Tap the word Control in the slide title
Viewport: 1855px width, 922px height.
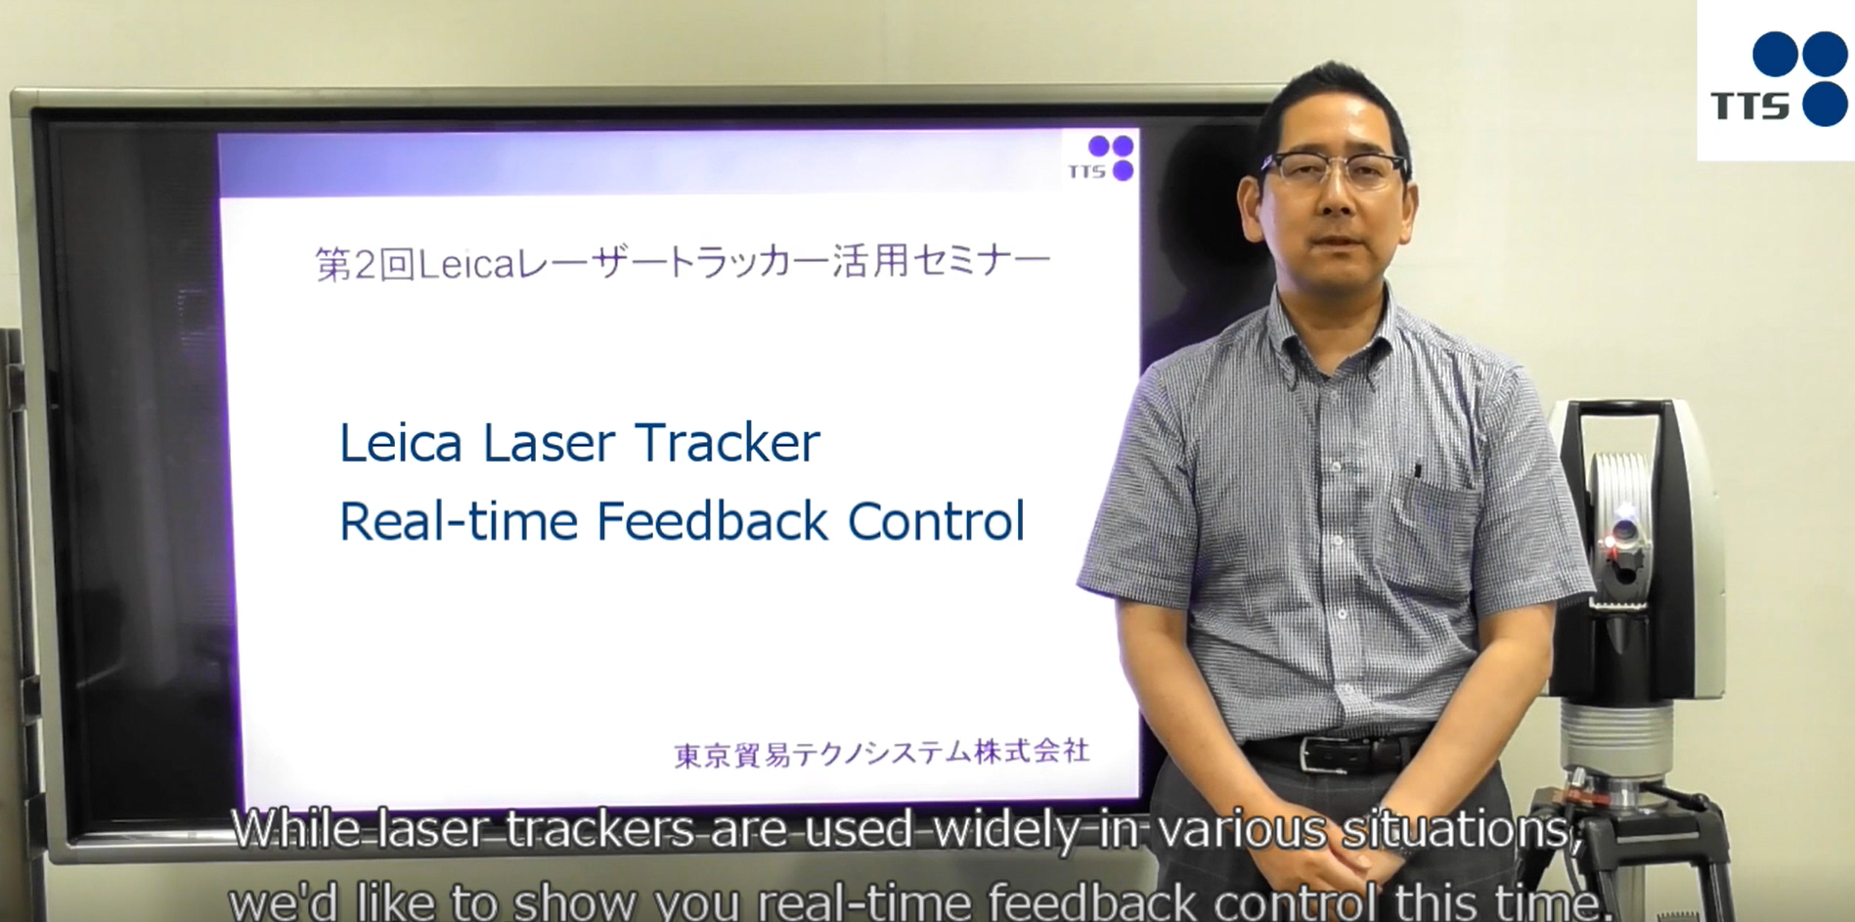pyautogui.click(x=936, y=521)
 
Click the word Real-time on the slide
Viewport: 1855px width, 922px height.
pyautogui.click(x=459, y=521)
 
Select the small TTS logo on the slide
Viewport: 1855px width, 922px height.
pyautogui.click(x=1101, y=158)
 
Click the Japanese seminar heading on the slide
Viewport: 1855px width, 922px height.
pyautogui.click(x=683, y=263)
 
